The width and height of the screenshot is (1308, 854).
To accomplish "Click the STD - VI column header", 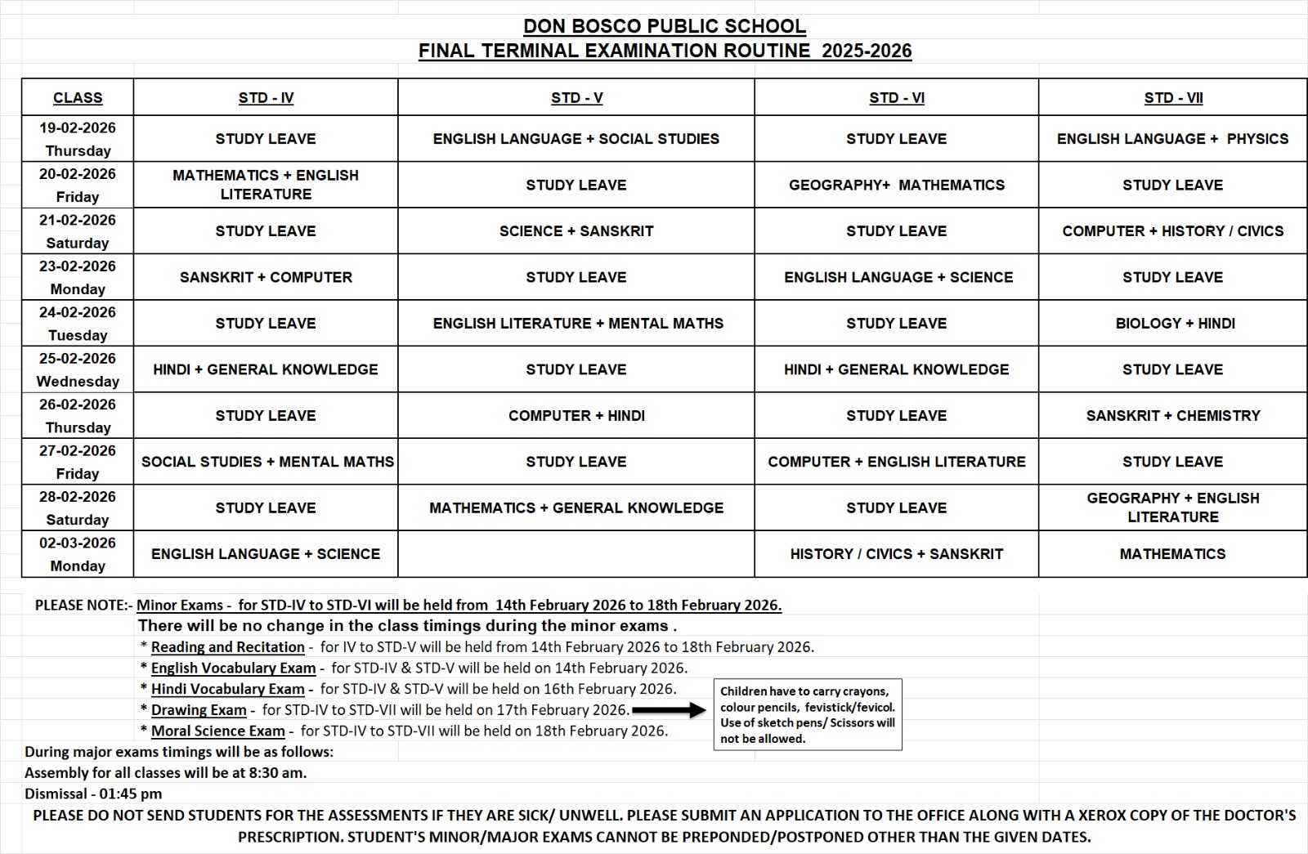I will coord(896,98).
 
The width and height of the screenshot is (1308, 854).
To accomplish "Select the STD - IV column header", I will coord(266,98).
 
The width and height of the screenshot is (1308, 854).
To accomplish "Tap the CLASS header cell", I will coord(78,98).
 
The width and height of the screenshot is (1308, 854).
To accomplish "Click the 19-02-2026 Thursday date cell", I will coord(78,139).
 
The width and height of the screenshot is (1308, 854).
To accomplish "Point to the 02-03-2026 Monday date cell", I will coord(78,554).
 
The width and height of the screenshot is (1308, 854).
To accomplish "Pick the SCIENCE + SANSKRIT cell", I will coord(576,231).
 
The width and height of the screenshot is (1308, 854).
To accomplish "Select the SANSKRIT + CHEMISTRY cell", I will coord(1173,416).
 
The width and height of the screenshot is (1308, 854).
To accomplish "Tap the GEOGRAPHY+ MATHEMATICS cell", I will coord(896,186).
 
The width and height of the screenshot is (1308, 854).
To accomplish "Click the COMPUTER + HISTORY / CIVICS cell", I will coord(1173,231).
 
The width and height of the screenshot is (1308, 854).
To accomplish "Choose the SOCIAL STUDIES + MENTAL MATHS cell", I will coord(267,462).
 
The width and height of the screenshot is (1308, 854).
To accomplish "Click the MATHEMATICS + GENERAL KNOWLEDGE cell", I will coord(576,508).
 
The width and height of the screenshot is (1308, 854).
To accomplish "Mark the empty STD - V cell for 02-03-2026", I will coord(576,554).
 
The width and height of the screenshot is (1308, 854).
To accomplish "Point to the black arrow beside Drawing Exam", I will coord(669,710).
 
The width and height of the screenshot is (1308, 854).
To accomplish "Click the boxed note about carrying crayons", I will coord(808,714).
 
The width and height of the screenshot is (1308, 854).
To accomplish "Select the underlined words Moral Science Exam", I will coord(217,731).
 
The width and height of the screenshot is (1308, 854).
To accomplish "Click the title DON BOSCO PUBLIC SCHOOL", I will coord(665,26).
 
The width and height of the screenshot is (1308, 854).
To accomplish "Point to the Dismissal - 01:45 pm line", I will coord(93,794).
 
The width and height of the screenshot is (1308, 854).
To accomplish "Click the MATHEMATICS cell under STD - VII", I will coord(1172,554).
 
